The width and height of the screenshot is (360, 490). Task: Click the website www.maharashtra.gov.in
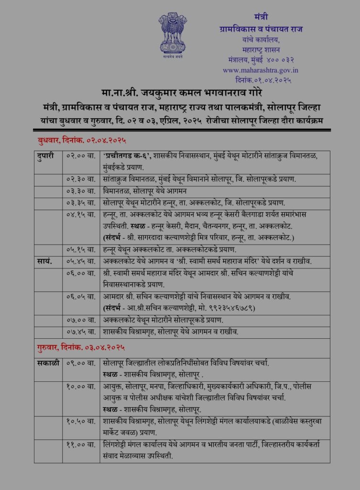pos(260,70)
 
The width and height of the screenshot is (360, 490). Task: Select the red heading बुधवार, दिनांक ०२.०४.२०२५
pos(82,141)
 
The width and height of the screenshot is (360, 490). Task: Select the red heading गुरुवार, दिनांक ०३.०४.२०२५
pos(83,347)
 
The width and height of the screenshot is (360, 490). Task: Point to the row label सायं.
pos(44,262)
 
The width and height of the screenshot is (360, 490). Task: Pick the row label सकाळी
pos(48,363)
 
